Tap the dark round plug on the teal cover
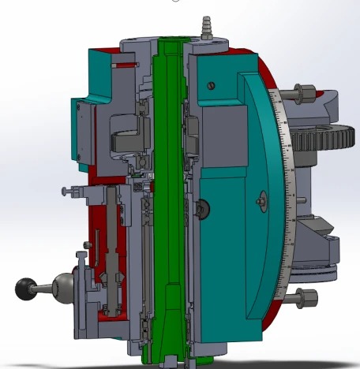coord(203,208)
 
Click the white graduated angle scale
coord(289,197)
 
